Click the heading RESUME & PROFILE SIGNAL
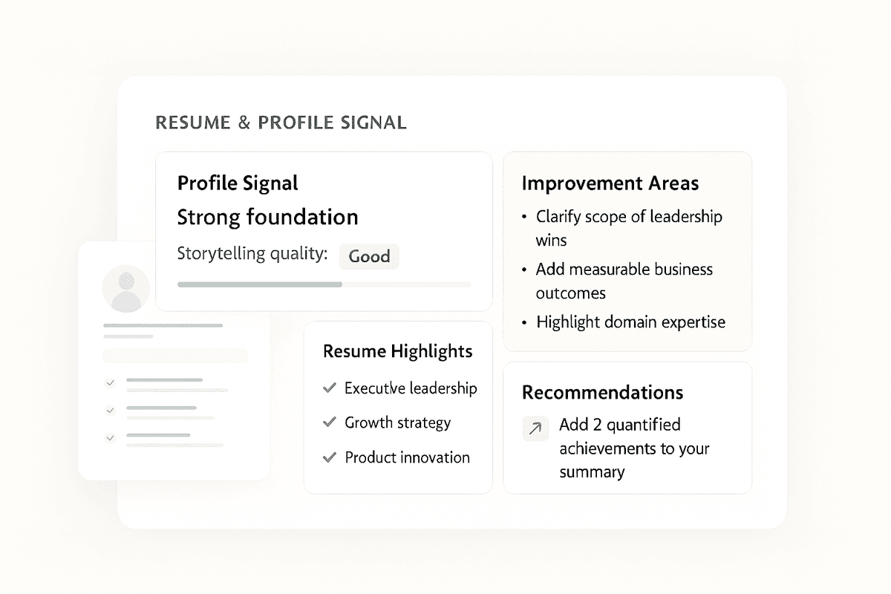coord(281,123)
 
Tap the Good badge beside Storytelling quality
coord(369,256)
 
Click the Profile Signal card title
coord(238,183)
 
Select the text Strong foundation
coord(267,218)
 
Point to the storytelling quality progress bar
coord(324,284)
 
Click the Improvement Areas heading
coord(610,183)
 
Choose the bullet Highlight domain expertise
coord(630,322)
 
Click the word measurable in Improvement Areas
coord(601,270)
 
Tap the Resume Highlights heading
coord(397,351)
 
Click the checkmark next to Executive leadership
coord(330,388)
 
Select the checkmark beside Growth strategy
coord(330,422)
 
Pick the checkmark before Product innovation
coord(330,457)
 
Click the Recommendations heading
coord(602,393)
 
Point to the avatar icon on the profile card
coord(125,289)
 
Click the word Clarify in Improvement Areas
coord(561,217)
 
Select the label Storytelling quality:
coord(252,254)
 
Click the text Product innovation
coord(407,457)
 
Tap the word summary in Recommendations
coord(592,472)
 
